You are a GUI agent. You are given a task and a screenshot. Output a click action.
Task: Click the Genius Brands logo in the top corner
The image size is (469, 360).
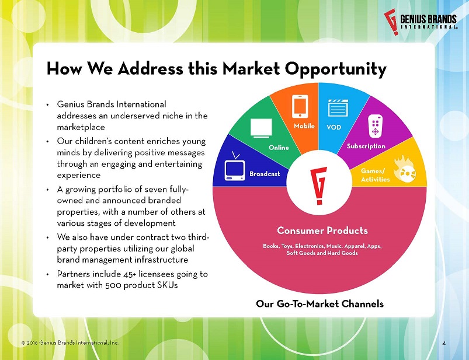(421, 22)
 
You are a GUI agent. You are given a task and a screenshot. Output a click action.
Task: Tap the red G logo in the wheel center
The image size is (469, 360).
(319, 186)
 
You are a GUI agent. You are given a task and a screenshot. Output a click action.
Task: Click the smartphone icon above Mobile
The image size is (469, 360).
(300, 106)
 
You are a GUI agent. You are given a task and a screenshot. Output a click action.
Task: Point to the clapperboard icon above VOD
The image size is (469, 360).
(338, 108)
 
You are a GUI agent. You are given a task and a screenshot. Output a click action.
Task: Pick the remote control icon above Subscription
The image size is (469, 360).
(376, 127)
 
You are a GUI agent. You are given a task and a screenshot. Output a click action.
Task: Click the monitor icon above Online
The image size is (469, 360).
(261, 128)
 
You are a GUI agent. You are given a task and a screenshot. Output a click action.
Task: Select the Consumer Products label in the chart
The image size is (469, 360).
(322, 230)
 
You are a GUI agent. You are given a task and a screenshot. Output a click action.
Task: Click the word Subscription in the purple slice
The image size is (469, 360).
(366, 146)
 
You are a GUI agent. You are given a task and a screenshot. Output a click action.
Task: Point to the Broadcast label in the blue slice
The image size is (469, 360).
(265, 174)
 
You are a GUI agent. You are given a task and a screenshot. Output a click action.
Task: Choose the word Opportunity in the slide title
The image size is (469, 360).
(336, 69)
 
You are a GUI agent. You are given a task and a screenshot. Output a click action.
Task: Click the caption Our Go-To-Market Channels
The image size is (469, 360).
(319, 304)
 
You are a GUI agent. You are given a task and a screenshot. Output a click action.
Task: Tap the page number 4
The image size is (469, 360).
(444, 343)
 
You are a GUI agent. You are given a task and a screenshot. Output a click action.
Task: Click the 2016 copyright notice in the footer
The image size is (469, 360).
(70, 342)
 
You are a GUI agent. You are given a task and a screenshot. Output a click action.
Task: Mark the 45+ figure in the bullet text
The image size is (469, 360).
(129, 274)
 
